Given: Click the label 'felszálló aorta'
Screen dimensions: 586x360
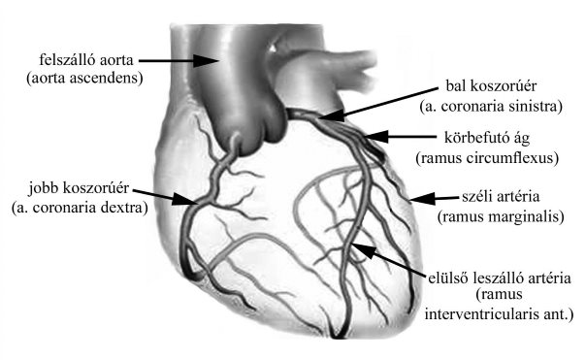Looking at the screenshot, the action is click(86, 60).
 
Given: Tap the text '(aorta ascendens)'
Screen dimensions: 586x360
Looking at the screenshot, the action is click(84, 79).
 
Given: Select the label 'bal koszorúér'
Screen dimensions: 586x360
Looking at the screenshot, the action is click(491, 86).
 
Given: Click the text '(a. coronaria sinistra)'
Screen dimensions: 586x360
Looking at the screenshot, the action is click(491, 106).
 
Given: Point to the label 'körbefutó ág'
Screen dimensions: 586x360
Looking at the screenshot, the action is click(487, 138).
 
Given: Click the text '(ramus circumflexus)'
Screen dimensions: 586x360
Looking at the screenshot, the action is click(487, 158).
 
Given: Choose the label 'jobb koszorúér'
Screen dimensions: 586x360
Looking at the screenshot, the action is click(79, 188).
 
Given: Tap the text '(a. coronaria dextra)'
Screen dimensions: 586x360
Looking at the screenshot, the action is click(80, 208).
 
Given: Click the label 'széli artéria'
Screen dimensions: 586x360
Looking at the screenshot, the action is click(501, 197).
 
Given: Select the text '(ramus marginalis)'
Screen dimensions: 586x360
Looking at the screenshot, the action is click(501, 216).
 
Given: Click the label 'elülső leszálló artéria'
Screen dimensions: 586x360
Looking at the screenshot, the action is click(500, 278).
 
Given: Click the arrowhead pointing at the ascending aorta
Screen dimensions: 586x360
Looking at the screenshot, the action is click(205, 60).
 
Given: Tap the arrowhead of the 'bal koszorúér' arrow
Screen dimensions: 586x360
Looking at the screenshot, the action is click(332, 115).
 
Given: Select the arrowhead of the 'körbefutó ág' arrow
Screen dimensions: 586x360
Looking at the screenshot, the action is click(376, 137).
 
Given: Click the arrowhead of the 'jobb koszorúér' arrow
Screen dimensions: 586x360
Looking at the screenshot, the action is click(185, 199).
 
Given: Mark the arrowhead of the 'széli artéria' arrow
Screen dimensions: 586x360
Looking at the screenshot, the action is click(423, 199).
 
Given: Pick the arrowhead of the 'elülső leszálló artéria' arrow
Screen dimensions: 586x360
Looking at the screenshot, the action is click(365, 249).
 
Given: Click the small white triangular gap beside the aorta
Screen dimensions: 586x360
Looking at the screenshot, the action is click(274, 48).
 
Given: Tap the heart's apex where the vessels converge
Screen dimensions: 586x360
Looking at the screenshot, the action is click(340, 336).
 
